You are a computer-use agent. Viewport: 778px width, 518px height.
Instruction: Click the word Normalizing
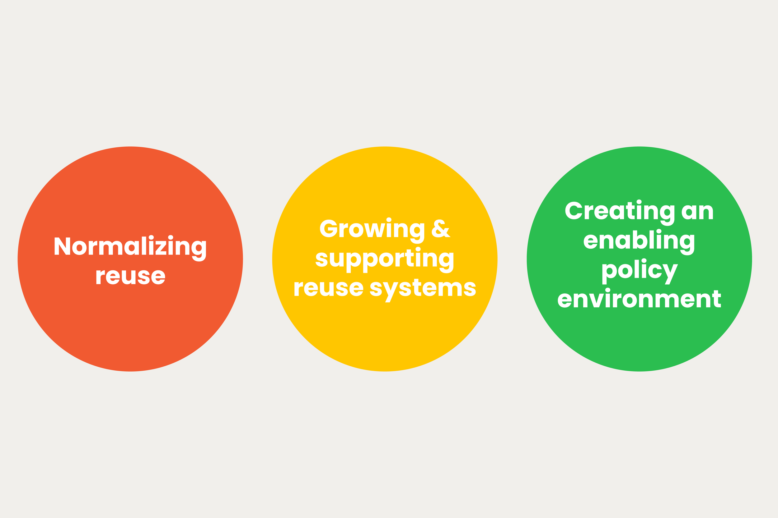(130, 247)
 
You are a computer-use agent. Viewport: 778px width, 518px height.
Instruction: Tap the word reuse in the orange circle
(130, 277)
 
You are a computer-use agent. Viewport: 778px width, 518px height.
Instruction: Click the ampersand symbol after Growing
(441, 229)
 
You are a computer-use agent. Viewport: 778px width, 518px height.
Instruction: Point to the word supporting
(384, 259)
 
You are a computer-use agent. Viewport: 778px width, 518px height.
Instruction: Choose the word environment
(639, 300)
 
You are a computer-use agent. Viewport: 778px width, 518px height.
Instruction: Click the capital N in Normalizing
(62, 246)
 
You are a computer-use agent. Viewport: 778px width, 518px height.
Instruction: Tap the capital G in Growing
(328, 228)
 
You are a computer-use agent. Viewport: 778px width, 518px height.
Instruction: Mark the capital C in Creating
(574, 210)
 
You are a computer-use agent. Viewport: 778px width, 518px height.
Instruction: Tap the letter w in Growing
(374, 230)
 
